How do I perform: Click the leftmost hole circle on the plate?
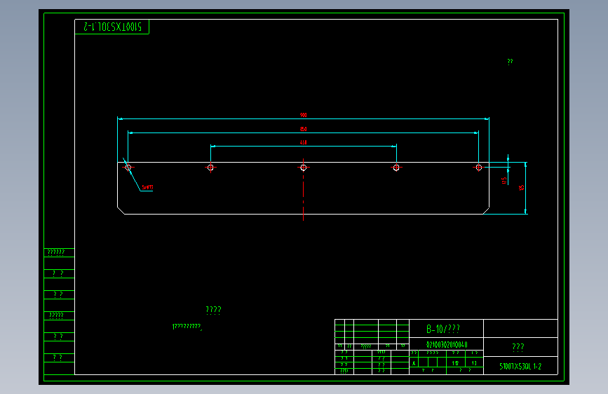(x=128, y=168)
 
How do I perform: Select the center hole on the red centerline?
(x=303, y=168)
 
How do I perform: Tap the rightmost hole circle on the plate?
(x=478, y=168)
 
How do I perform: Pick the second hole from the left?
(x=210, y=168)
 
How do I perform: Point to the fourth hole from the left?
(x=396, y=168)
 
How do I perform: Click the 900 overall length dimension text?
(x=303, y=115)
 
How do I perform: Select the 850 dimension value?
(x=303, y=129)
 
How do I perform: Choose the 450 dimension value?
(x=303, y=142)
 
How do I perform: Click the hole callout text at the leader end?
(x=147, y=187)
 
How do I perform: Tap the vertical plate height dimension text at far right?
(x=521, y=187)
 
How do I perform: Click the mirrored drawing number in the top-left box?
(x=112, y=27)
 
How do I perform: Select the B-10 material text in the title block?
(x=443, y=329)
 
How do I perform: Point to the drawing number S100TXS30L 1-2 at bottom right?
(x=520, y=366)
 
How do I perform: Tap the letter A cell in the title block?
(x=414, y=363)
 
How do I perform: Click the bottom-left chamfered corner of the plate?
(x=121, y=210)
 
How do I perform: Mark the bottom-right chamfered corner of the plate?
(x=485, y=210)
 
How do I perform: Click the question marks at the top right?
(x=510, y=62)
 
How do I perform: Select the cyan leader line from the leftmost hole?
(x=133, y=178)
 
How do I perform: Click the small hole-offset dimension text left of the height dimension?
(x=504, y=180)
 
